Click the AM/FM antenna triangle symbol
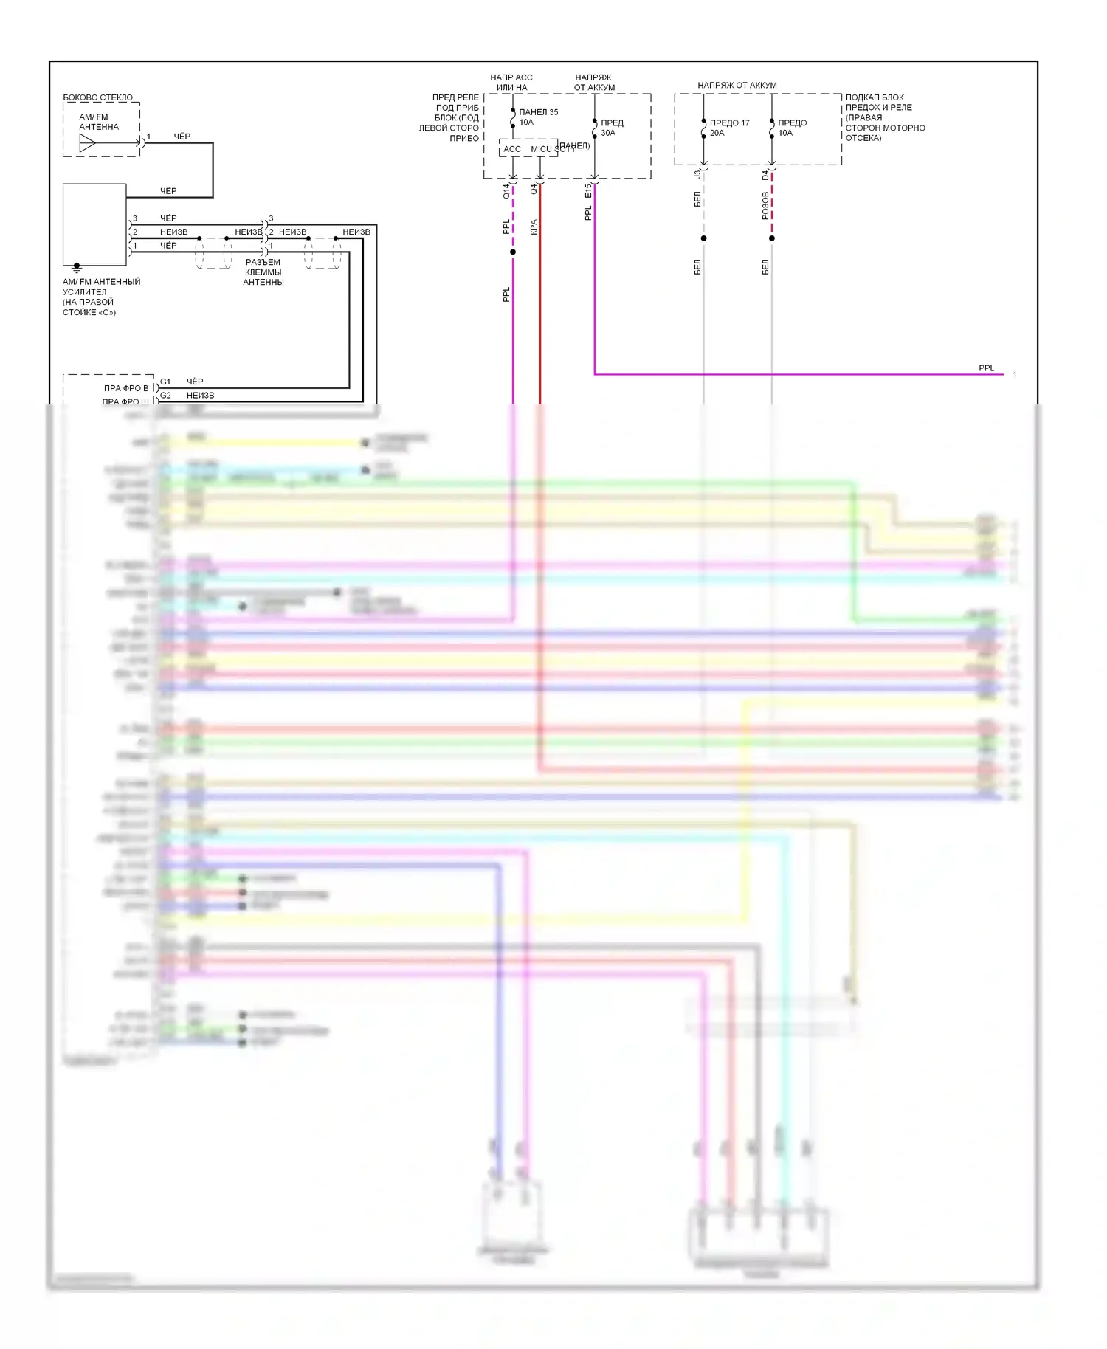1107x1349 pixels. [87, 143]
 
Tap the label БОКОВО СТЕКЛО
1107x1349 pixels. [98, 97]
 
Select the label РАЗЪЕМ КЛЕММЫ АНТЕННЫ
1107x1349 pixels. [263, 272]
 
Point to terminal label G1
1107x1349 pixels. [165, 382]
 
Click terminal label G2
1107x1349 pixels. [165, 396]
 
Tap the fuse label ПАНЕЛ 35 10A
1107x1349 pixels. [538, 117]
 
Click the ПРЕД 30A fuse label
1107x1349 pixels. [612, 128]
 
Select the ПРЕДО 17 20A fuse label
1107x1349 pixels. [728, 128]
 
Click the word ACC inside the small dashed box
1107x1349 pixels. [511, 149]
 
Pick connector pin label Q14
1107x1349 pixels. [506, 191]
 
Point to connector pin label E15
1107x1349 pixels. [588, 191]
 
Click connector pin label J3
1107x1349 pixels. [697, 175]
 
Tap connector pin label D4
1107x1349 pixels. [765, 175]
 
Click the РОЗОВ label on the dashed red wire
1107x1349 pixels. [765, 206]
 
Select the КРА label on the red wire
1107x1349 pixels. [534, 227]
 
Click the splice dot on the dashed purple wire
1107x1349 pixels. [513, 252]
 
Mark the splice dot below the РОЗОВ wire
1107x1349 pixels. [772, 238]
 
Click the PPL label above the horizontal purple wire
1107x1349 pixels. [986, 368]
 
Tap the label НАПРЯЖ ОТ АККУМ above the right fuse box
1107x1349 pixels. [737, 86]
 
